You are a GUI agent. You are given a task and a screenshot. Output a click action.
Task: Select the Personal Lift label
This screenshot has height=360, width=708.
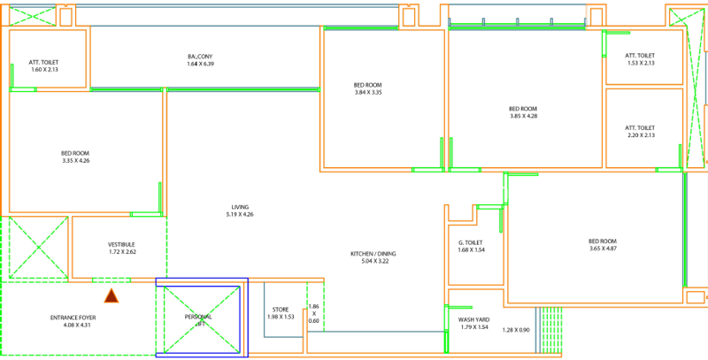coord(198,317)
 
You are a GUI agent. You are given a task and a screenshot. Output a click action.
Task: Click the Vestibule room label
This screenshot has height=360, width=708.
coord(121,244)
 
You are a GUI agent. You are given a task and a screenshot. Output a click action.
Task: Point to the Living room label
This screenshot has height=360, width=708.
coord(240,207)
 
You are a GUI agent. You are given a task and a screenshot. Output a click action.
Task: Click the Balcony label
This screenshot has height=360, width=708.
coord(200,57)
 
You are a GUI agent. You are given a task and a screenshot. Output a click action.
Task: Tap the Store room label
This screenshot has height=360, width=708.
coord(281,310)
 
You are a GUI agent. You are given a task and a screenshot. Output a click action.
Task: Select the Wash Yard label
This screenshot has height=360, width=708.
coord(474,319)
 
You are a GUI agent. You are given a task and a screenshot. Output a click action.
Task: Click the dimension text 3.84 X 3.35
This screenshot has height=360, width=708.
coord(367,93)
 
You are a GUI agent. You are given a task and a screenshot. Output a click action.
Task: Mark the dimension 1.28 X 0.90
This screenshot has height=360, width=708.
coord(515,330)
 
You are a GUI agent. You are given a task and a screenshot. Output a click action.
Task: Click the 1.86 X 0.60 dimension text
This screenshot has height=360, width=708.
coord(313,313)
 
